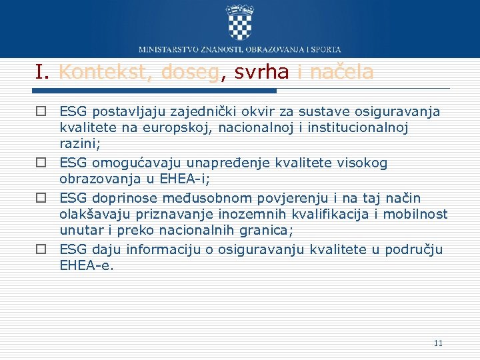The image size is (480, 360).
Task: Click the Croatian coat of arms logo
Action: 240,22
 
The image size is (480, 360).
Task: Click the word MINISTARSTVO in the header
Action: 168,49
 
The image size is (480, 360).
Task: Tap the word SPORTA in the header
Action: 327,49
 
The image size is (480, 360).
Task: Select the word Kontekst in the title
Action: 103,72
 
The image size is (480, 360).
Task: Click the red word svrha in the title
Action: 261,72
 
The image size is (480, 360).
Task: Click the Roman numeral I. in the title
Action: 44,72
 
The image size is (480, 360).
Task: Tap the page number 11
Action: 438,343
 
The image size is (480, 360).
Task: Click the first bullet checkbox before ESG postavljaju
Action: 41,110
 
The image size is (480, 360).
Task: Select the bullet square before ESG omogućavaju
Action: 41,163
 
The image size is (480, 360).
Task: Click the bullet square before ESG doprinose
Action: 41,198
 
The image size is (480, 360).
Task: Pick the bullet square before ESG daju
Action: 41,249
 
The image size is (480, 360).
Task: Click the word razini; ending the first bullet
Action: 78,144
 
